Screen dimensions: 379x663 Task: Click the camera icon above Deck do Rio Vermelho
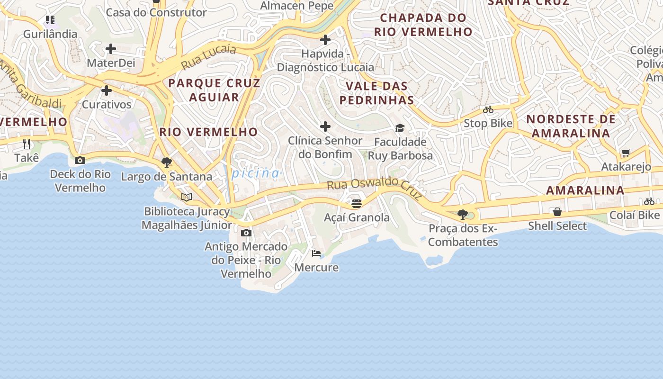[80, 161]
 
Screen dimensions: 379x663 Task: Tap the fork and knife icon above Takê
[27, 144]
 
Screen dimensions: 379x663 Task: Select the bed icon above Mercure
[316, 253]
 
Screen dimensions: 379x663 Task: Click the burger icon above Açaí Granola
[357, 204]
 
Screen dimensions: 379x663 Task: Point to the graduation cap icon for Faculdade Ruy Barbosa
[400, 128]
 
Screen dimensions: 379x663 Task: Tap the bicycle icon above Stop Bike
[488, 110]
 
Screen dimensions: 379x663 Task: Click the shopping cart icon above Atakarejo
[626, 153]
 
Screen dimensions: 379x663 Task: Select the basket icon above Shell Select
[557, 212]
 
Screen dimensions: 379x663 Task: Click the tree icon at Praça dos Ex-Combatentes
[463, 215]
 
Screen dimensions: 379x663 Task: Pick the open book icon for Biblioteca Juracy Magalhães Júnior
[187, 197]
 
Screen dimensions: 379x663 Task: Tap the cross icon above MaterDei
[111, 49]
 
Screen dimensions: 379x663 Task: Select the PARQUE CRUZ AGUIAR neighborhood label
[215, 90]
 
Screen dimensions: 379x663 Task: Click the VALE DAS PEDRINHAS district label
[377, 93]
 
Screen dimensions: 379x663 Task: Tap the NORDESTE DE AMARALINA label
[571, 126]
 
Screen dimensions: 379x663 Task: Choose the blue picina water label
[256, 173]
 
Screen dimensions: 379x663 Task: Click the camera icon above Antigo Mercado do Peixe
[246, 233]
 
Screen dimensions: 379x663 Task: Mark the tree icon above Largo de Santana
[166, 162]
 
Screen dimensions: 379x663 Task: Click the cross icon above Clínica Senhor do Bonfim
[325, 126]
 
